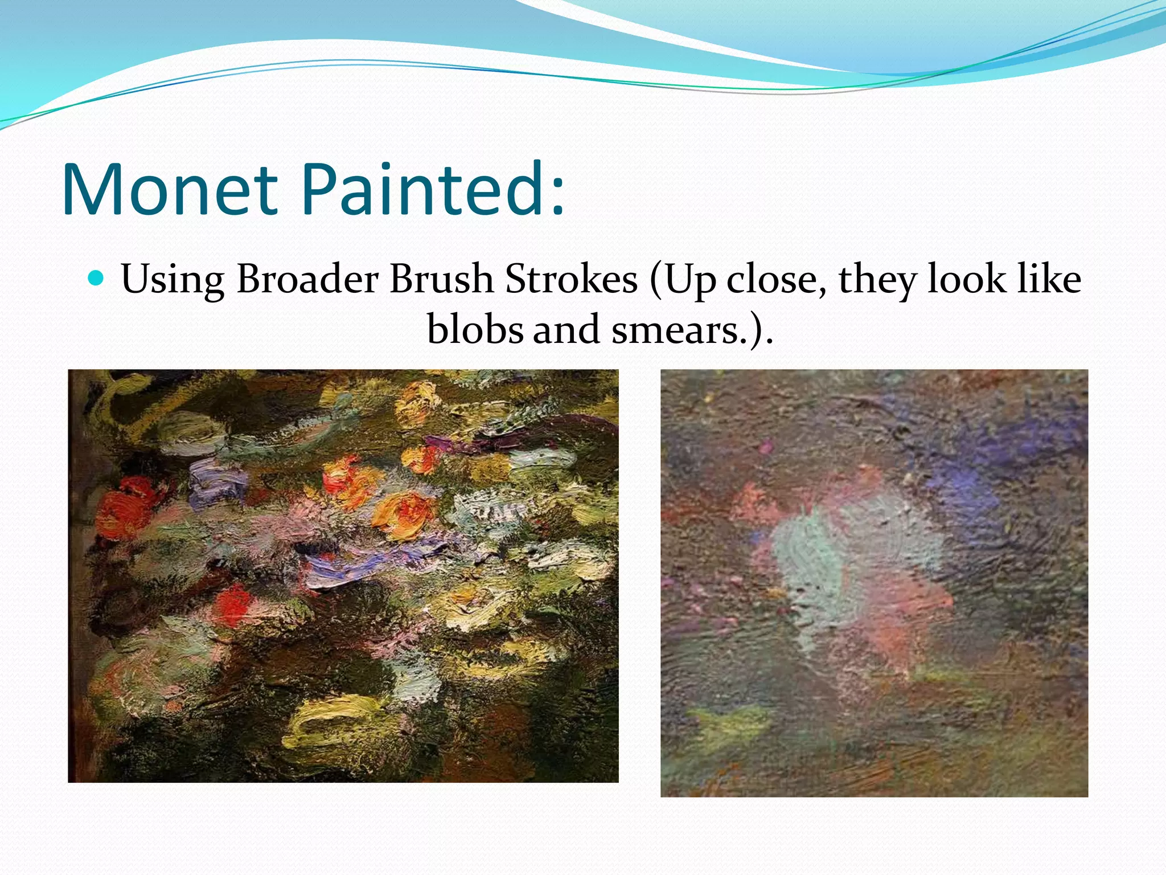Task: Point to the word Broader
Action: (x=307, y=279)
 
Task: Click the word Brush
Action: (x=441, y=279)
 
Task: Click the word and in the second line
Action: (x=566, y=329)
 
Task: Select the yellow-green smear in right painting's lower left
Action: (x=729, y=726)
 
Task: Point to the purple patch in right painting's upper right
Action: (x=968, y=479)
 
